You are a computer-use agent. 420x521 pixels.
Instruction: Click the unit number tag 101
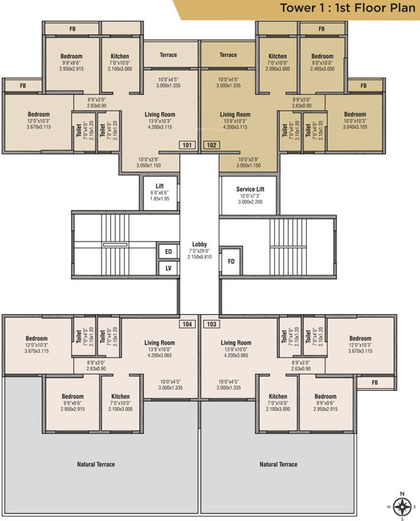click(x=187, y=144)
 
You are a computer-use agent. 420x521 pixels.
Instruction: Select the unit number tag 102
click(x=211, y=144)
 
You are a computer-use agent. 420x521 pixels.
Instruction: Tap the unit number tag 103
click(x=211, y=324)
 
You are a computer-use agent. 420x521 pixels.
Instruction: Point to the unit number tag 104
click(x=187, y=324)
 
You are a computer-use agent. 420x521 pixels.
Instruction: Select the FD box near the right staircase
click(x=231, y=261)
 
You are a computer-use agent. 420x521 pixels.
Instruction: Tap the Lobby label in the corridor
click(x=199, y=244)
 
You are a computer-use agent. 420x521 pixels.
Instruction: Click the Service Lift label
click(x=250, y=189)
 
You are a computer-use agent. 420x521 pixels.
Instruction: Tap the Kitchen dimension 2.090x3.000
click(x=278, y=69)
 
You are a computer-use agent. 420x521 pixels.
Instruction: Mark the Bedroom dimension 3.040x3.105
click(x=354, y=127)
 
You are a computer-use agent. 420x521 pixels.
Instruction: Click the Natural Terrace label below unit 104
click(x=96, y=464)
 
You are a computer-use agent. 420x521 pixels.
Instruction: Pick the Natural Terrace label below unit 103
click(x=278, y=464)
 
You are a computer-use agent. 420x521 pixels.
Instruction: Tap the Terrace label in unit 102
click(x=228, y=55)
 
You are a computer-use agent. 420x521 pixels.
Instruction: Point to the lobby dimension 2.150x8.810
click(x=199, y=257)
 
